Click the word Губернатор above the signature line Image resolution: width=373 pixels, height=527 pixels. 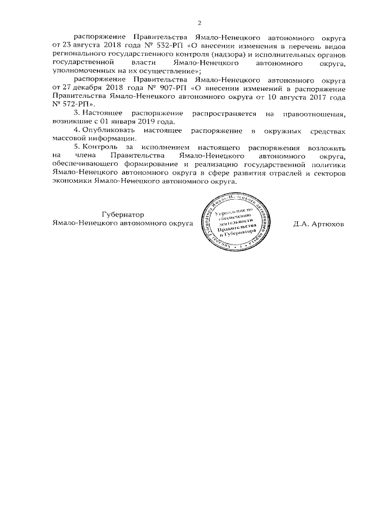point(120,214)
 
